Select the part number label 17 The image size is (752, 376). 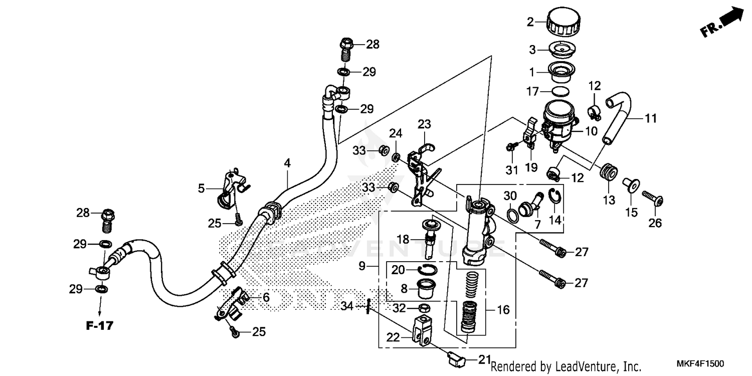point(532,92)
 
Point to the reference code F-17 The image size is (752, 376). point(99,326)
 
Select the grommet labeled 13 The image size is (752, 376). point(608,172)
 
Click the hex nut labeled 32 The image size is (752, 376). point(423,308)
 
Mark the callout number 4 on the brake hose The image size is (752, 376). point(287,163)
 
